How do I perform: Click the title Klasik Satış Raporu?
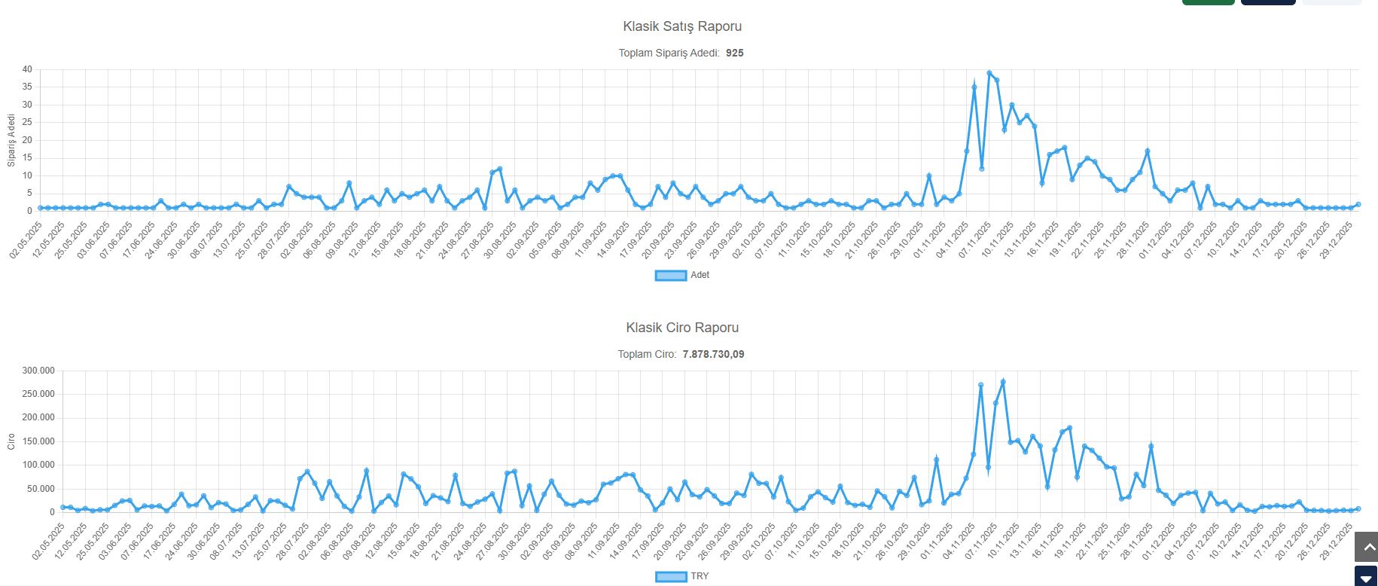click(682, 26)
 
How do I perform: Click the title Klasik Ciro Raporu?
click(682, 328)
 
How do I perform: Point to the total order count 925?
click(734, 53)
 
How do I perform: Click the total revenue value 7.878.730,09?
click(713, 355)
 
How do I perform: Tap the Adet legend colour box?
click(670, 276)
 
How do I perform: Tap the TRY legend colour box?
click(670, 577)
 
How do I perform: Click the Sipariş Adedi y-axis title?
click(11, 140)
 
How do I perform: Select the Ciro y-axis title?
click(11, 441)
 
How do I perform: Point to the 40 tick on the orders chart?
click(27, 69)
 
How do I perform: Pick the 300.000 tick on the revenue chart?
click(38, 371)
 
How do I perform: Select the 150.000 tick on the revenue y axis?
click(38, 441)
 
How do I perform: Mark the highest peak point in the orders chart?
click(989, 73)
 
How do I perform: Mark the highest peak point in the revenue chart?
click(1003, 382)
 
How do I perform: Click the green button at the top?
click(1208, 2)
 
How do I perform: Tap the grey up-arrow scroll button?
click(1366, 547)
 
